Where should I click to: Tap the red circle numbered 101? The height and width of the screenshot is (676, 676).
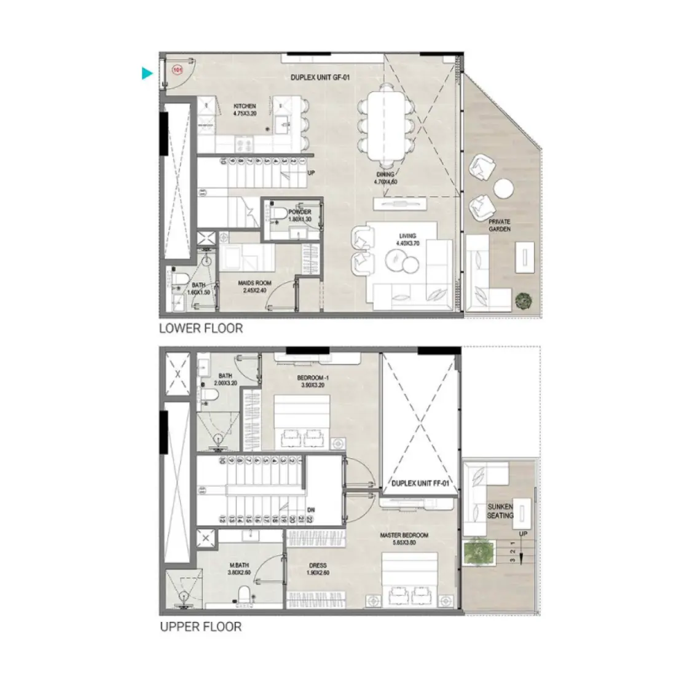click(178, 70)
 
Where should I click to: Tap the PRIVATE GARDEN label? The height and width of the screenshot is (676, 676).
click(500, 225)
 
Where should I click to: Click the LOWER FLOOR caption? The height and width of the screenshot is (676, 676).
click(201, 328)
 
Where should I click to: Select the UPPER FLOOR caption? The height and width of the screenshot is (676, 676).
click(200, 627)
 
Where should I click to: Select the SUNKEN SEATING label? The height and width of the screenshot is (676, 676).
click(500, 511)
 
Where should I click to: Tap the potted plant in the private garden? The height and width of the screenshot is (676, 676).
click(524, 300)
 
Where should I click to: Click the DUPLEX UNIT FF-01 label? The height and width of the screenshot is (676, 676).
click(421, 484)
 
